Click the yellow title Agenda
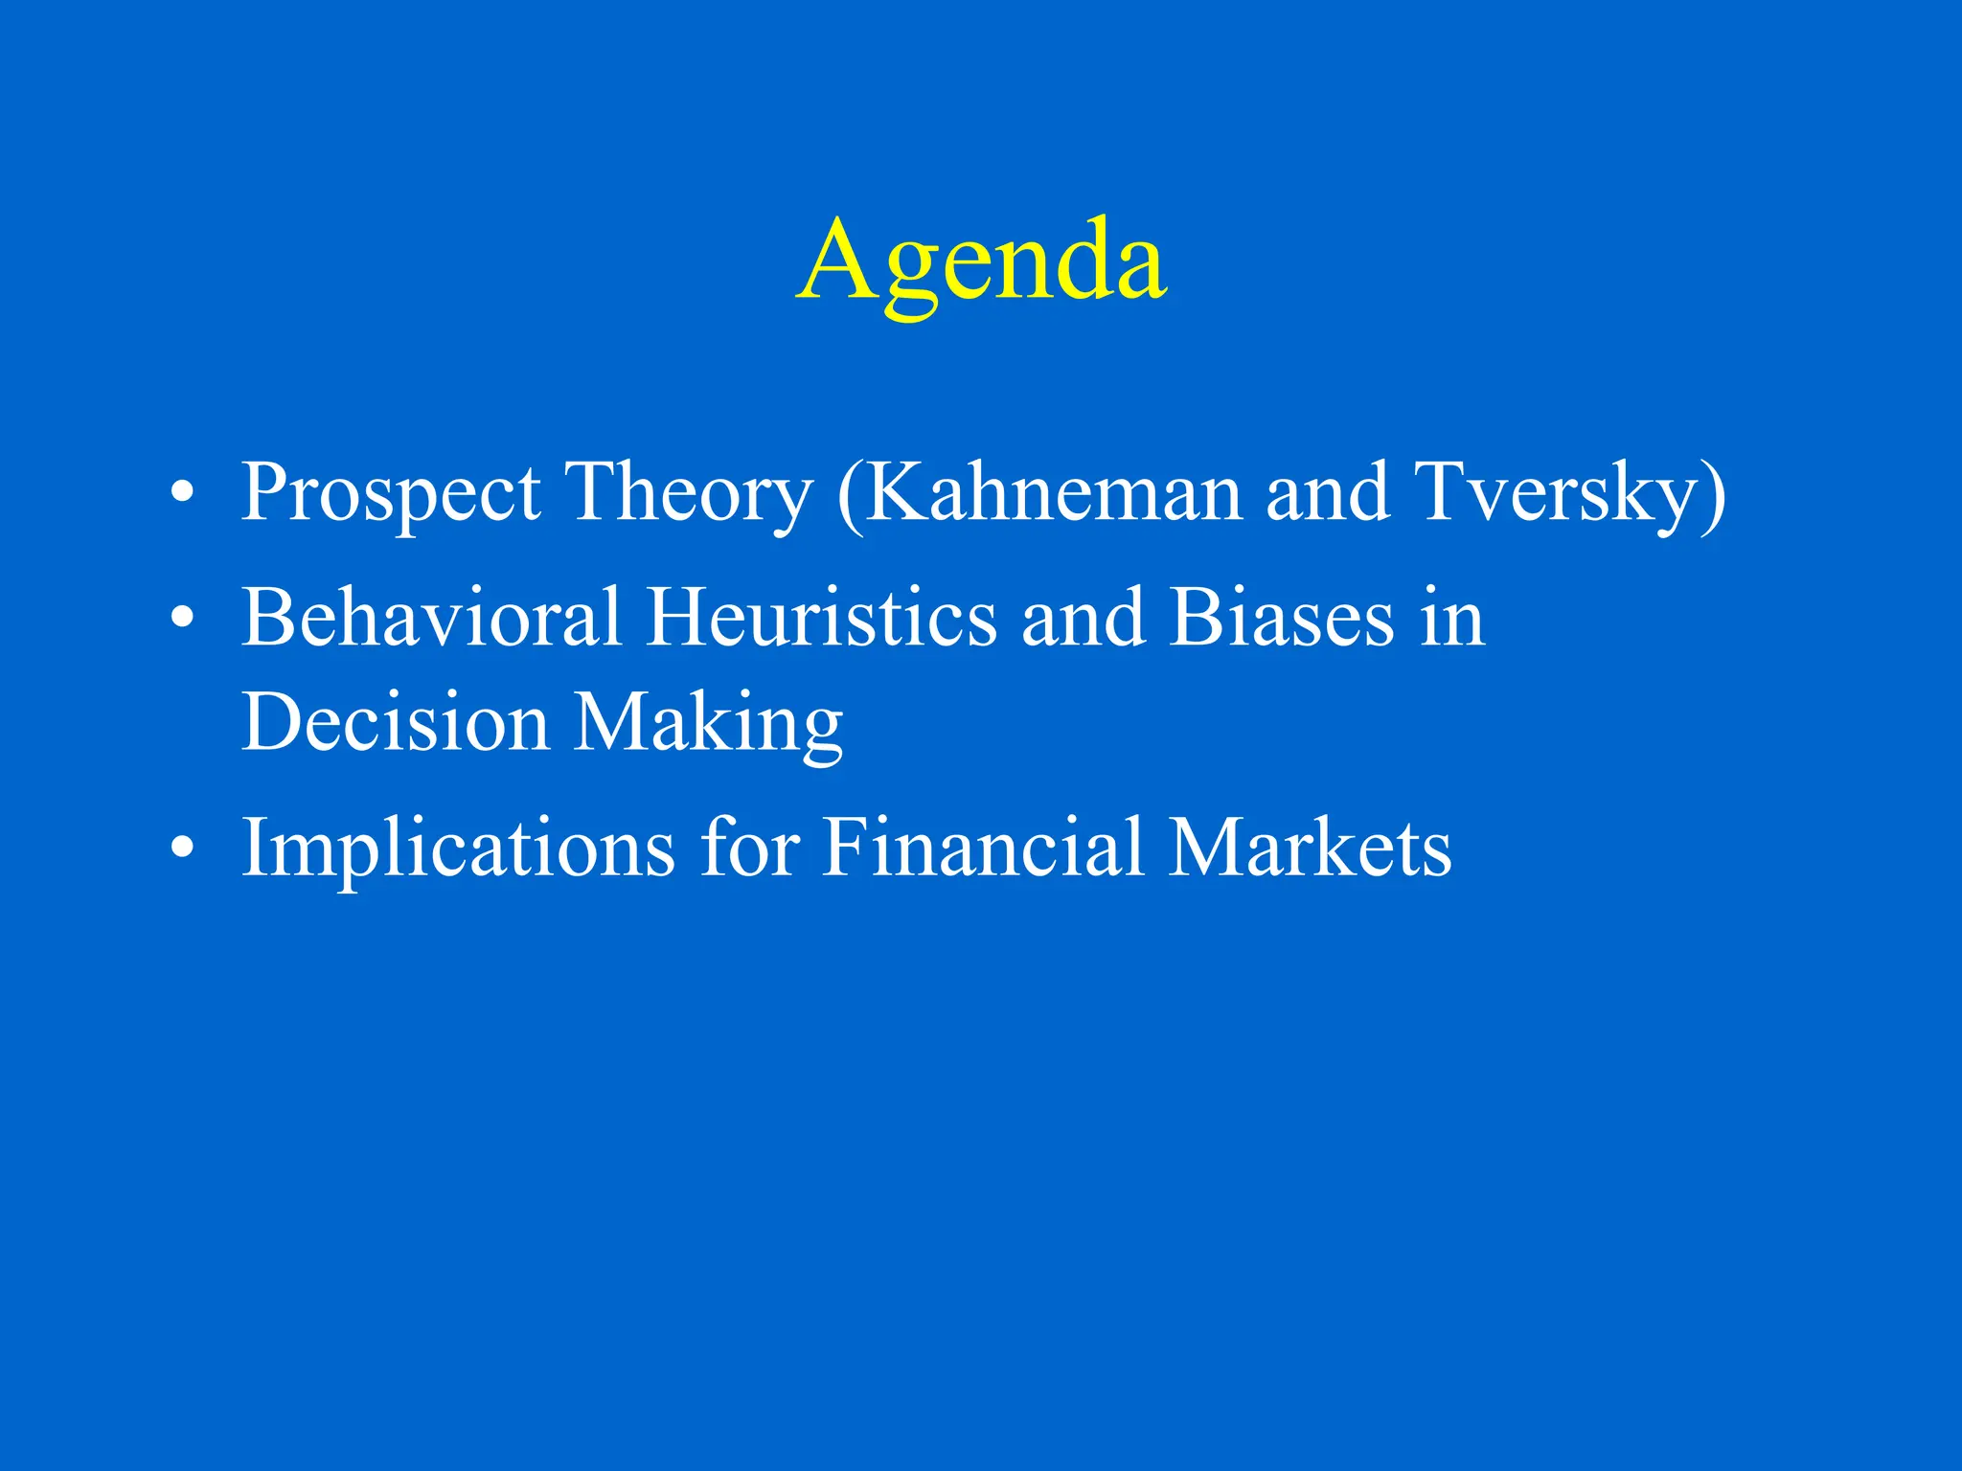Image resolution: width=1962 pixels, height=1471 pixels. [981, 260]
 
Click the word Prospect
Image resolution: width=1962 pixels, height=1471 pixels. [391, 494]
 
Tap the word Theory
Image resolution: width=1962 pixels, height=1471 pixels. [688, 492]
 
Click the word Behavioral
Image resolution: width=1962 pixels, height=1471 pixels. [431, 618]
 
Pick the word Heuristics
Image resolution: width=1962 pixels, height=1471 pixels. [822, 618]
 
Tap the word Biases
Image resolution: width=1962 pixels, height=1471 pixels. [1282, 618]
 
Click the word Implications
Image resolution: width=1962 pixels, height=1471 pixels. [458, 849]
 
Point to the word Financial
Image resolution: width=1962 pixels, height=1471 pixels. [983, 847]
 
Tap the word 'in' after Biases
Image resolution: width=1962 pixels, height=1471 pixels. [1452, 618]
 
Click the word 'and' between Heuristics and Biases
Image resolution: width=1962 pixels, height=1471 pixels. [1083, 618]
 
